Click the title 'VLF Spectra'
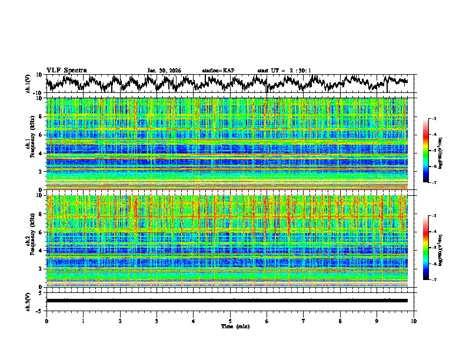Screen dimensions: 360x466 pos(66,70)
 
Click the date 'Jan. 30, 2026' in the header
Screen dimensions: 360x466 pos(164,71)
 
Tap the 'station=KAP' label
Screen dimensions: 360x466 pos(218,71)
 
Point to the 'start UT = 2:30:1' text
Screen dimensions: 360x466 pos(284,71)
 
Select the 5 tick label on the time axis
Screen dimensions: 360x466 pos(230,321)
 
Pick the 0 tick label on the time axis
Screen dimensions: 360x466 pos(46,321)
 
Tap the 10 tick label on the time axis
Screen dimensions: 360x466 pos(414,321)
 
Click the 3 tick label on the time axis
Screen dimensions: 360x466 pos(157,321)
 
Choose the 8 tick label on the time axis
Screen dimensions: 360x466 pos(340,321)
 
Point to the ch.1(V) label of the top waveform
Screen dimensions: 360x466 pos(29,83)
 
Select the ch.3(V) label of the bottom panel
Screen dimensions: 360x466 pos(29,301)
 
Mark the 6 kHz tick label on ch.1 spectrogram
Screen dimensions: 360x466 pos(42,135)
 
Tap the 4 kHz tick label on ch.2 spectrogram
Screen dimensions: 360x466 pos(42,251)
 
